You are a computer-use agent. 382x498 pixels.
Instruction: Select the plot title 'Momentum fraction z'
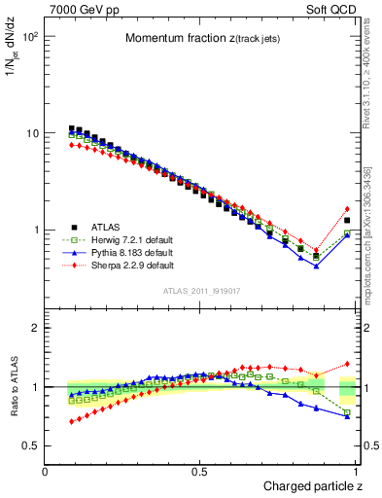coord(197,38)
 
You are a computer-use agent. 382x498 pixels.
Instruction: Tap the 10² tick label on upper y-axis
coord(30,37)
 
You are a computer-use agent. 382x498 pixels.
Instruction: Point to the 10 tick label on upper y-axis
coord(32,133)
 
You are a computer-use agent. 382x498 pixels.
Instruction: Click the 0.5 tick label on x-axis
coord(201,472)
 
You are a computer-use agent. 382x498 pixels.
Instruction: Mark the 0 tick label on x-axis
coord(46,472)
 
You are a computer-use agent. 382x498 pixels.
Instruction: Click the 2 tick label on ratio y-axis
coord(36,328)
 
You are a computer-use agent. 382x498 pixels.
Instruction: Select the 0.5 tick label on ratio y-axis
coord(31,445)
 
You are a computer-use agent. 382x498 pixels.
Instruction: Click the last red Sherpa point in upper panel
coord(347,209)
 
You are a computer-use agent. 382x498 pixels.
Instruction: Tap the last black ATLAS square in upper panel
coord(347,221)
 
